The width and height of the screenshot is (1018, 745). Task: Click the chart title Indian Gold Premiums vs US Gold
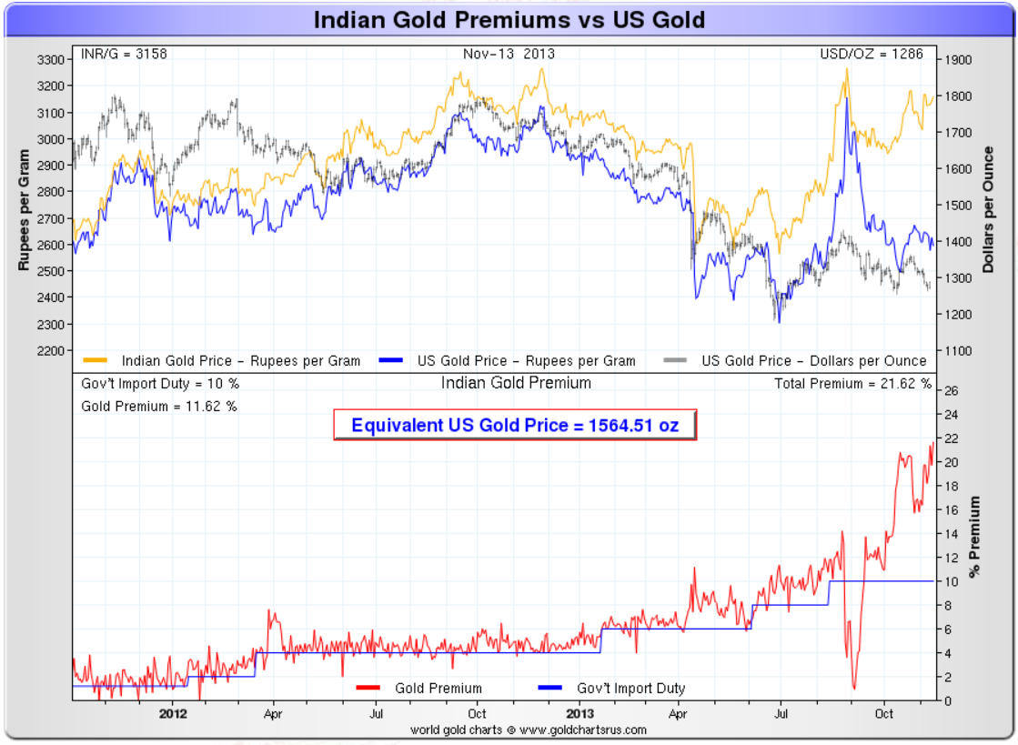tap(509, 20)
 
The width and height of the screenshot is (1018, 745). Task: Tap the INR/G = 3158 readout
tap(124, 54)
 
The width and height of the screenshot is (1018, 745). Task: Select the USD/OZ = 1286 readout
tap(872, 54)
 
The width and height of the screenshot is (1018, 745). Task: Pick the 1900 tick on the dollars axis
tap(958, 60)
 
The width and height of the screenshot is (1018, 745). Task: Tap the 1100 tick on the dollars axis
tap(958, 351)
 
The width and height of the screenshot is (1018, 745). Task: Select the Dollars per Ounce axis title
tap(989, 209)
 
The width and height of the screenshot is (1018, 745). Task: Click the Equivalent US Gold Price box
tap(515, 425)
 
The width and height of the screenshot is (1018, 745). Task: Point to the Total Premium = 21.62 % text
tap(852, 384)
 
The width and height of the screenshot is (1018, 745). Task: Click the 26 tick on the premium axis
tap(950, 391)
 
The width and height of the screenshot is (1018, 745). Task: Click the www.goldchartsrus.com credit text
tap(528, 730)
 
